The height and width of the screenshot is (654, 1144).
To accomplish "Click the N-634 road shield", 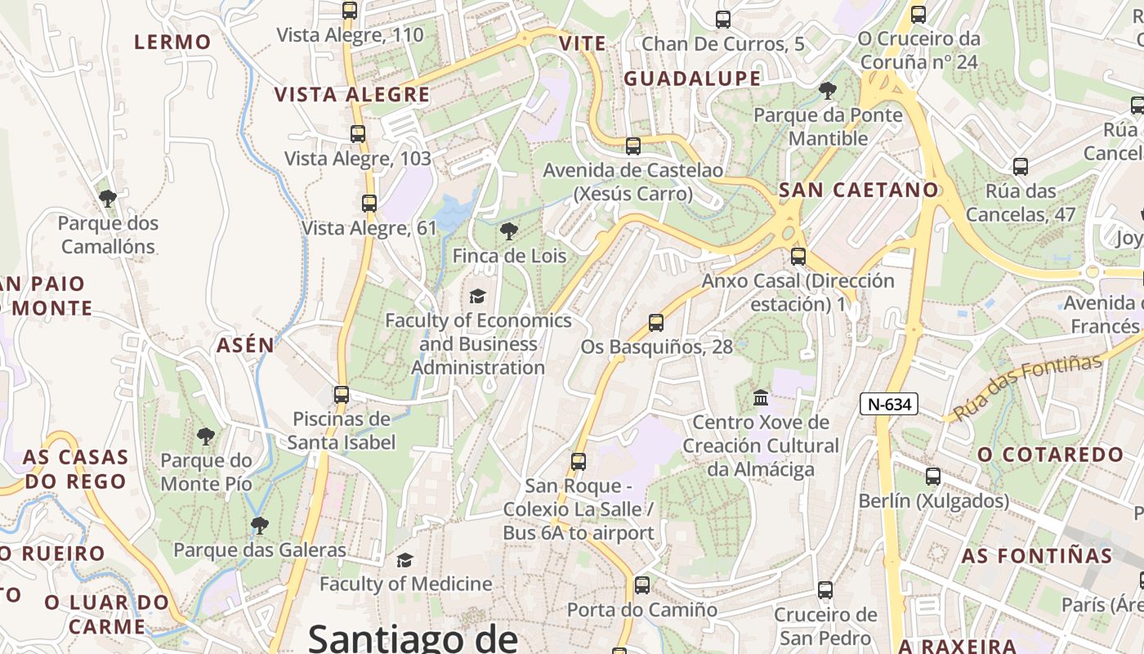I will [x=889, y=403].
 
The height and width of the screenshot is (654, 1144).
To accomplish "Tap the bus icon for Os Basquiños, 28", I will [x=656, y=322].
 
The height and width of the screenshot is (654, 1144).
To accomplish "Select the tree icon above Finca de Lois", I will [x=509, y=231].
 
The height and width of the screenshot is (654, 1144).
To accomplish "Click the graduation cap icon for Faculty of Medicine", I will [x=404, y=560].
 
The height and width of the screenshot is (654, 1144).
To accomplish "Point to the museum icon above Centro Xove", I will [x=761, y=397].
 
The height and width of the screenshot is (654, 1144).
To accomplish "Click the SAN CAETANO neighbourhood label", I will [x=859, y=190].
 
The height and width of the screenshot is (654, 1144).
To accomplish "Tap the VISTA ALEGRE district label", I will [x=352, y=95].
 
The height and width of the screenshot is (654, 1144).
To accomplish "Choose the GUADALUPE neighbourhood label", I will [x=692, y=78].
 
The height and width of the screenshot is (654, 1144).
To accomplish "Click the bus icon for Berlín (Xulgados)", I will [x=933, y=476].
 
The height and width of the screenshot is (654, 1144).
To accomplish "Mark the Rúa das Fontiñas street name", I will [x=1027, y=386].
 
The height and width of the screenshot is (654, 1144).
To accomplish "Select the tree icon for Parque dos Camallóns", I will [x=107, y=198].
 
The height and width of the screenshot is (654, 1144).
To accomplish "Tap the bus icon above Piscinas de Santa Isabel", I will [x=342, y=394].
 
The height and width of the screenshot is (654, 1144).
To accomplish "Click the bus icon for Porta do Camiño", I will [x=642, y=585].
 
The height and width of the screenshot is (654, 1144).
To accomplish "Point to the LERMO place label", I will [x=172, y=42].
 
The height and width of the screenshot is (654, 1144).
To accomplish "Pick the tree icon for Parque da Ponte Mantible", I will [x=828, y=90].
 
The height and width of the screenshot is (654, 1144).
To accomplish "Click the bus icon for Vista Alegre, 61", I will [x=369, y=204].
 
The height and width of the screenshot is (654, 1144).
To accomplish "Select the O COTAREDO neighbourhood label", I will [x=1051, y=455].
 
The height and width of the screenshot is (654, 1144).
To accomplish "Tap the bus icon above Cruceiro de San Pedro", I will [x=825, y=589].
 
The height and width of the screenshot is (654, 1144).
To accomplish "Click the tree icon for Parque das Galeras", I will [x=260, y=525].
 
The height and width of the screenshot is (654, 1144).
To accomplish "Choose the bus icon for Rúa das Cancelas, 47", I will [x=1021, y=167].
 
